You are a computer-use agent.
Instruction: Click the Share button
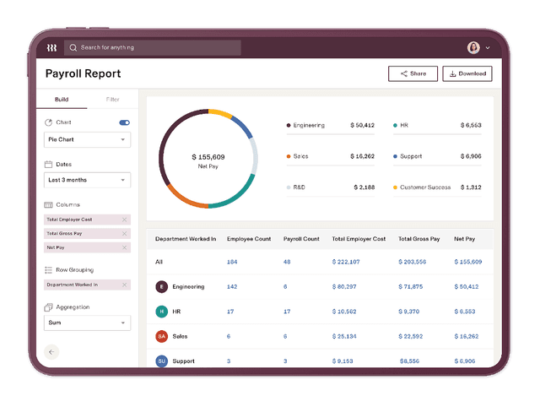coord(413,73)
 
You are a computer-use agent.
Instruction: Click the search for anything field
coord(152,47)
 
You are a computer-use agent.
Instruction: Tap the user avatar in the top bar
coord(473,47)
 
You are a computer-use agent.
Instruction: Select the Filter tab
coord(112,100)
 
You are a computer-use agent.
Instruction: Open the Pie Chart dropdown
coord(87,139)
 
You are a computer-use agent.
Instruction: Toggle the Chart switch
coord(125,123)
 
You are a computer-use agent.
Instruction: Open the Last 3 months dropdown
coord(87,180)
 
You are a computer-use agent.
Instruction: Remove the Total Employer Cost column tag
coord(124,220)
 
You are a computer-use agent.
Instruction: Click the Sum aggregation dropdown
coord(87,323)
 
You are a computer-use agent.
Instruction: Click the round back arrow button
coord(51,351)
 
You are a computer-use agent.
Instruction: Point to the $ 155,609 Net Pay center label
coord(208,160)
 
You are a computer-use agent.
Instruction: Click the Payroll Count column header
coord(301,239)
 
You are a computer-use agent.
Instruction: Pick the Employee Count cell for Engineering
coord(233,287)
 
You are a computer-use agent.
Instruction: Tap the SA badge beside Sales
coord(161,336)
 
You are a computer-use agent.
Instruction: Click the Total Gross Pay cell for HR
coord(409,312)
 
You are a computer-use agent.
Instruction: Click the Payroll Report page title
coord(83,73)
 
